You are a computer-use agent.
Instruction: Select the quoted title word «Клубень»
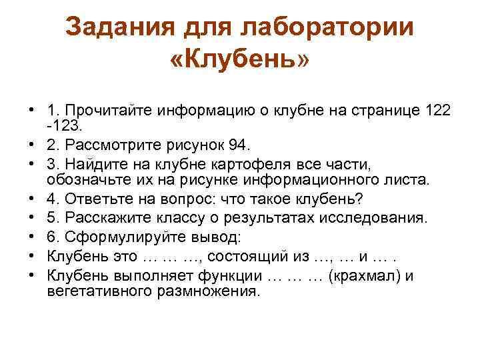tap(240, 61)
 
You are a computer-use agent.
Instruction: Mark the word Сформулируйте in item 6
tap(120, 237)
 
